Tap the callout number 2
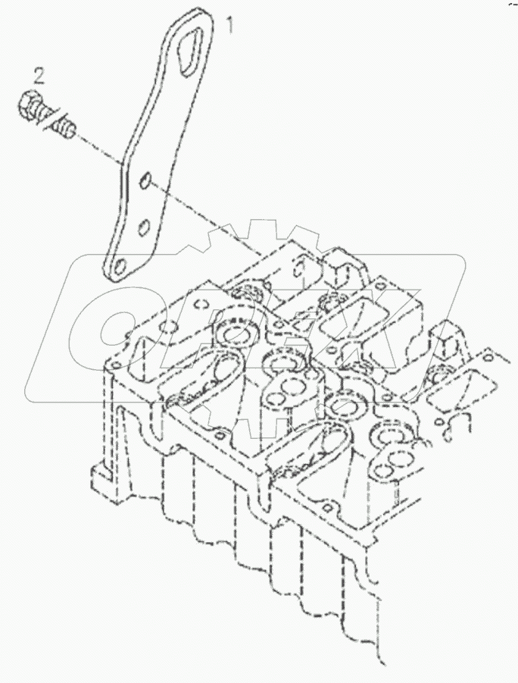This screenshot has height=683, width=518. coord(39,74)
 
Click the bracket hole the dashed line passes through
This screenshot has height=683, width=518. coord(147,181)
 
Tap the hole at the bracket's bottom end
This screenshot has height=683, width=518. coord(120,266)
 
